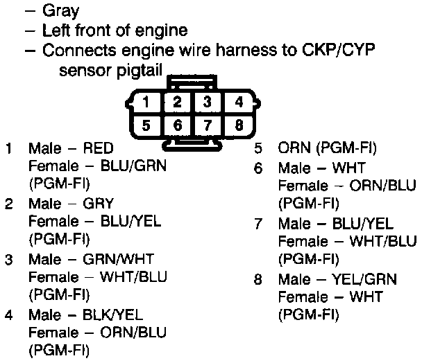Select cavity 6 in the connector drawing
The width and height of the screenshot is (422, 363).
coord(177,125)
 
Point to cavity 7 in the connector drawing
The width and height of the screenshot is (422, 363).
coord(208,125)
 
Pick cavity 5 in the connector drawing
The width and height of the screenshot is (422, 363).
coord(146,125)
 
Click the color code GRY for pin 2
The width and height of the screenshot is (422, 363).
coord(98,204)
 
